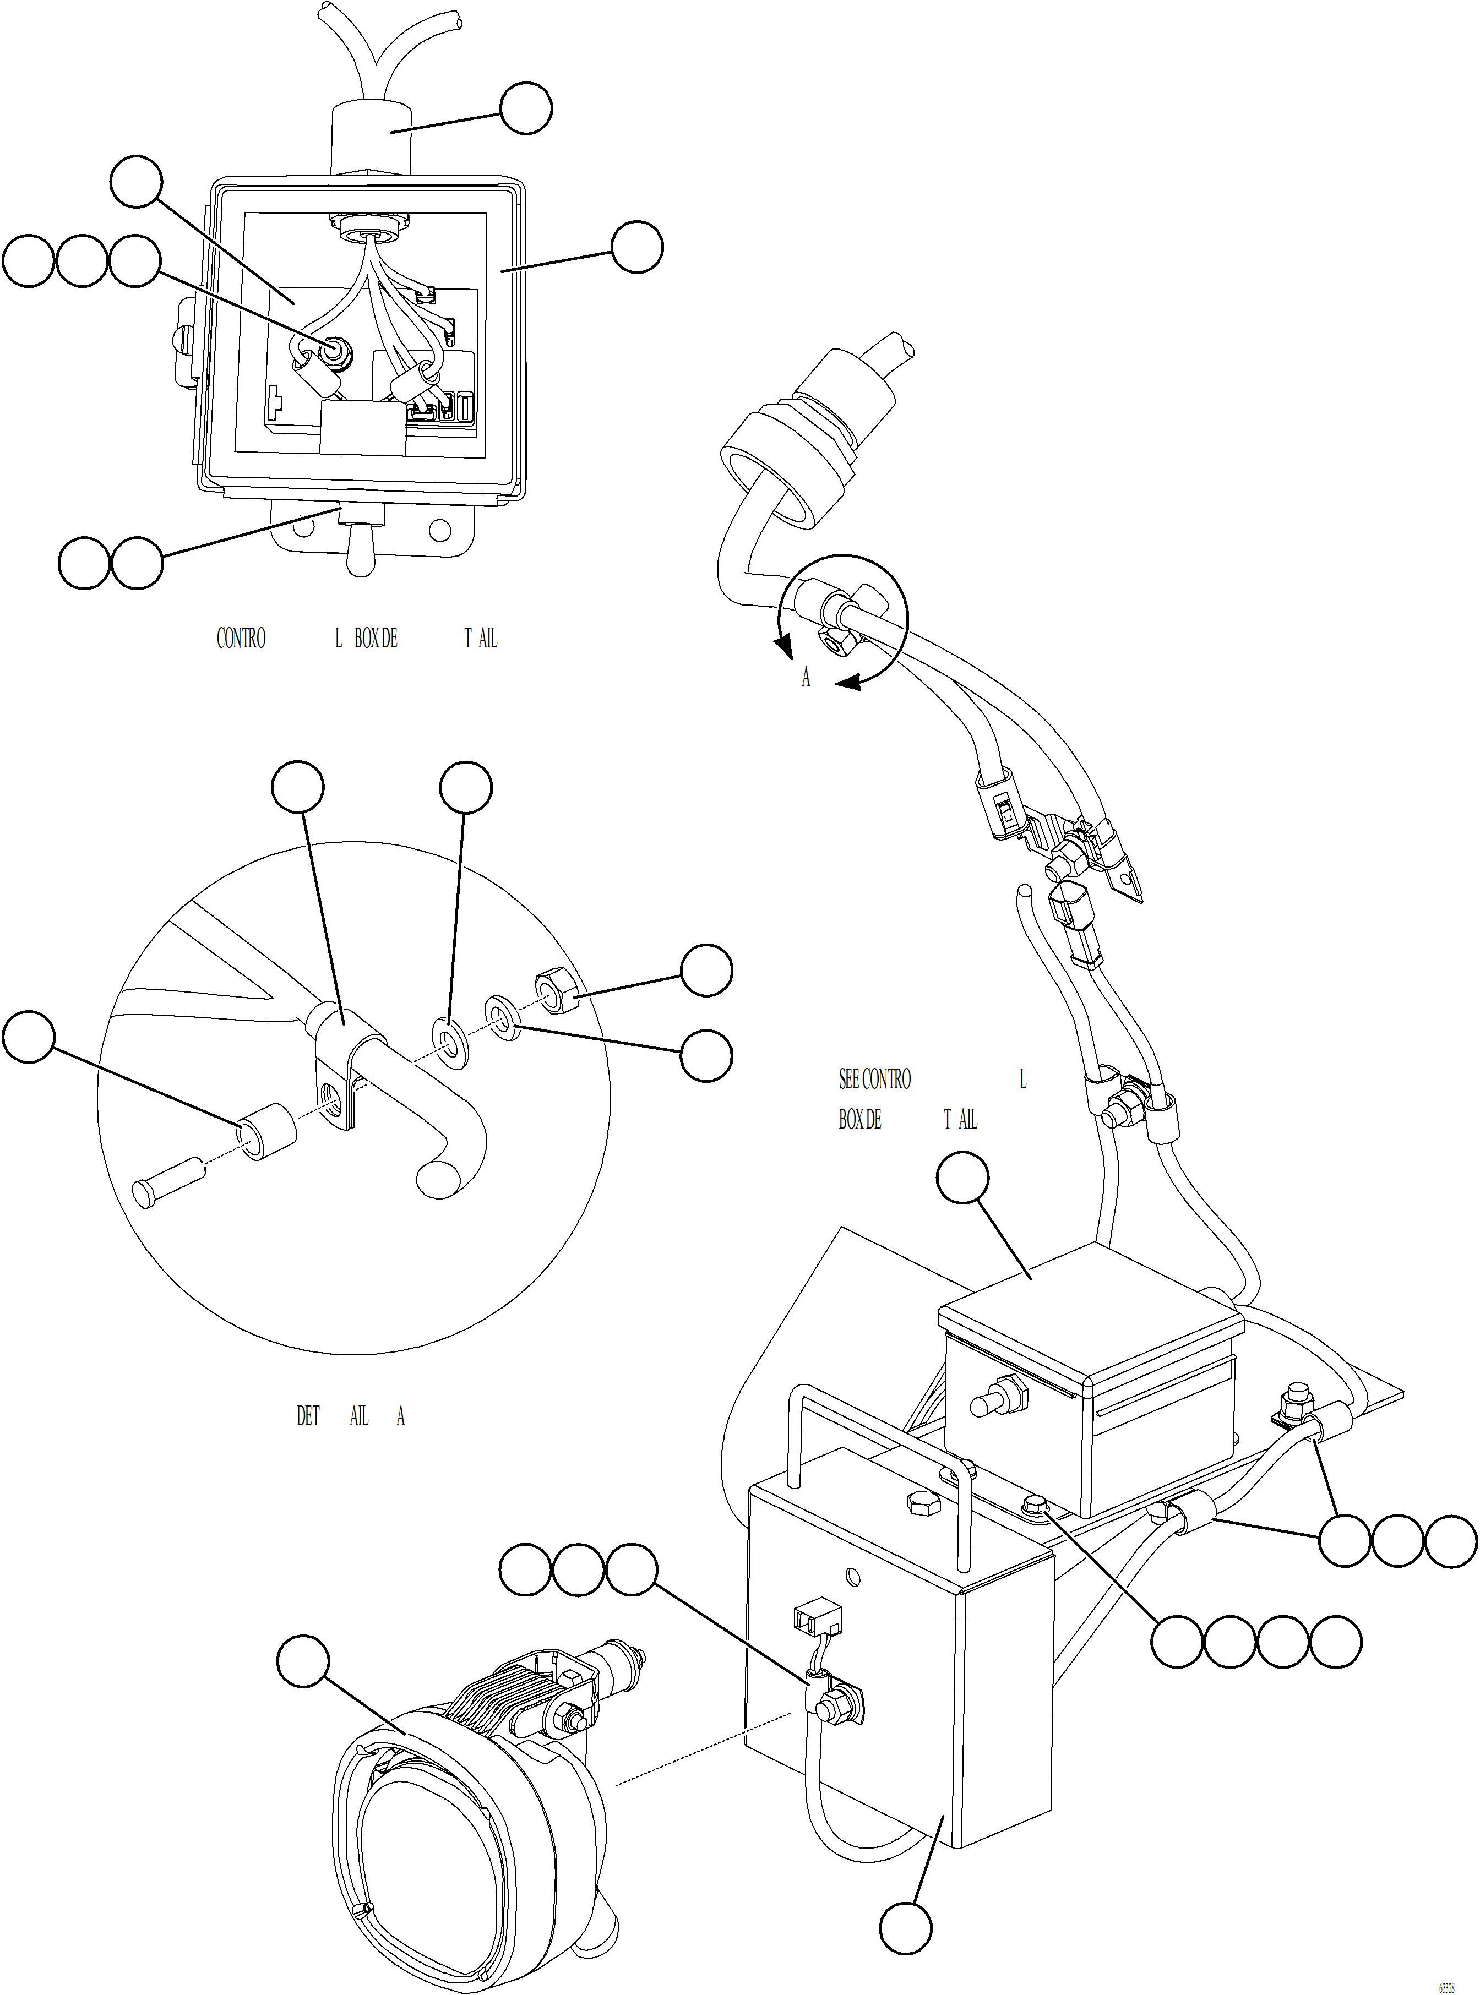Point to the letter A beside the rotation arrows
click(806, 678)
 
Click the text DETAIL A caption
click(350, 1415)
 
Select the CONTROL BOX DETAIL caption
click(356, 639)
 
